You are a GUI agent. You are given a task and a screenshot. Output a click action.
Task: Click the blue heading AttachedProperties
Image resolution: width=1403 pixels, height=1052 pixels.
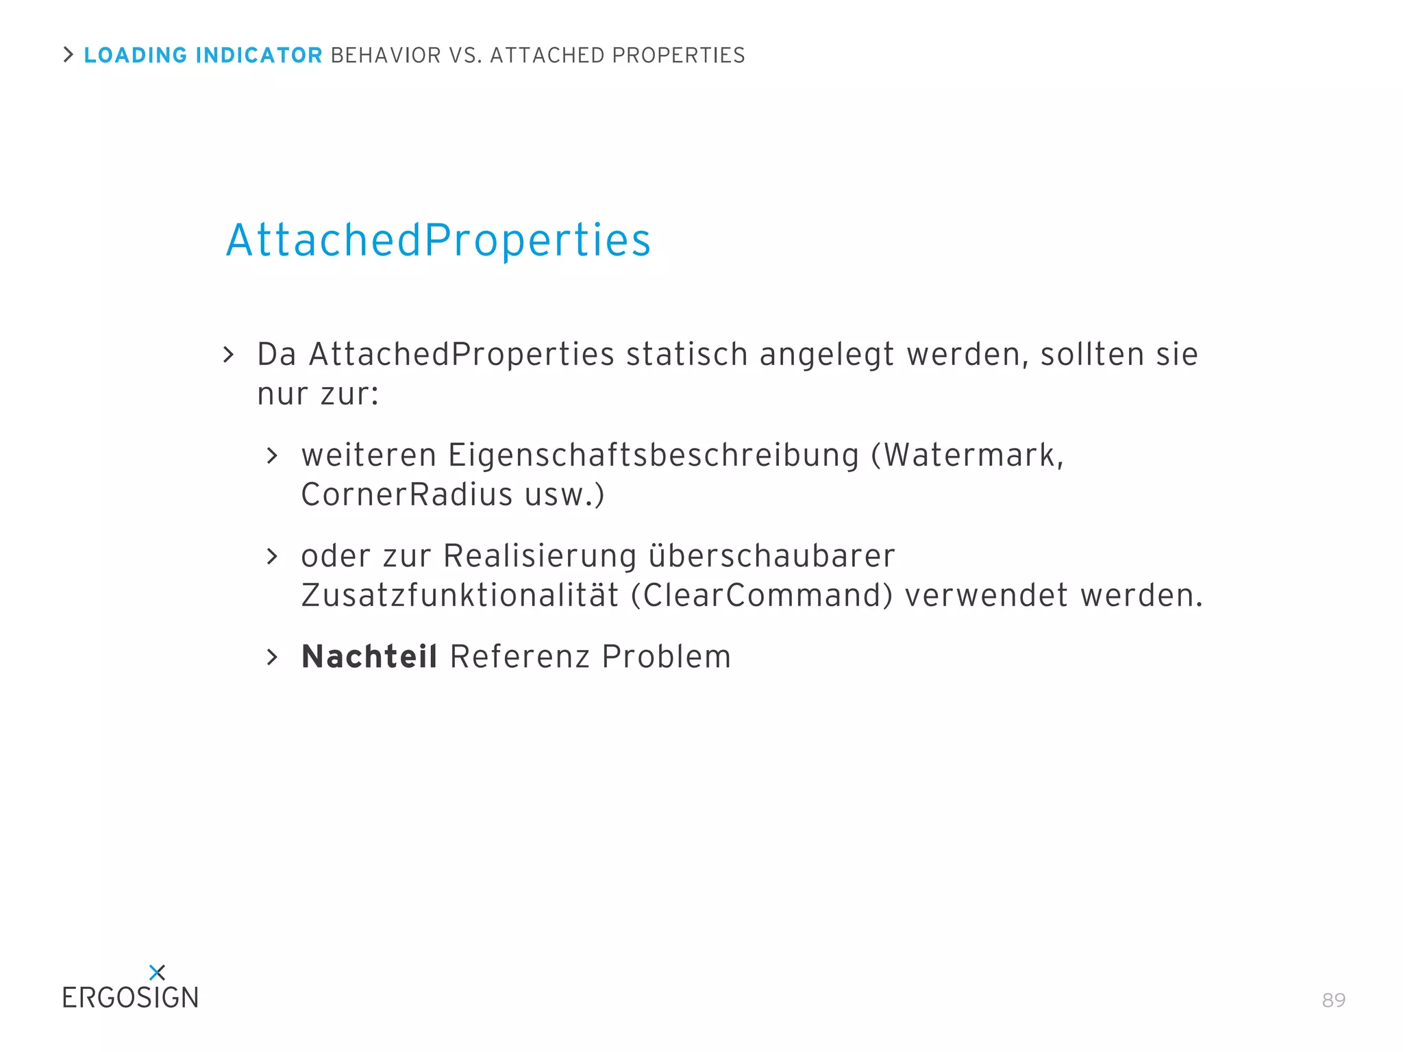tap(438, 240)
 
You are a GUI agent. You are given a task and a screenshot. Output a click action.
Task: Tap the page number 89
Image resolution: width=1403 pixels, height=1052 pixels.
tap(1333, 1000)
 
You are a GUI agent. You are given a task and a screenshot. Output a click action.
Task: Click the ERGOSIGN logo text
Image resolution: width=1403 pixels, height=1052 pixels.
tap(130, 998)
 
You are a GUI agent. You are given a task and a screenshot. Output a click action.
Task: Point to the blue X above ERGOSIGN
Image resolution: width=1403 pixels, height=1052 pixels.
tap(157, 972)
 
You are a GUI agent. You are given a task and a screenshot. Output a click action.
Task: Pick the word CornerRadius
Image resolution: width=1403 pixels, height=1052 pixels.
tap(407, 494)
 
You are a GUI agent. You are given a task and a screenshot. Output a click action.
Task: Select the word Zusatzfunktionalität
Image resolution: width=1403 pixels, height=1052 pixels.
tap(460, 595)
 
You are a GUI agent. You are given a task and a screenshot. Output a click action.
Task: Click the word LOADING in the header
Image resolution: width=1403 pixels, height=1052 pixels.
tap(136, 55)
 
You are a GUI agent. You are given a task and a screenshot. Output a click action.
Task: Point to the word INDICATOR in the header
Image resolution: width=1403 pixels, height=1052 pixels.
tap(259, 55)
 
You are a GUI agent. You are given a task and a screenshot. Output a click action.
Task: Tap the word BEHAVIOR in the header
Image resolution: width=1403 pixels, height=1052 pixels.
tap(386, 55)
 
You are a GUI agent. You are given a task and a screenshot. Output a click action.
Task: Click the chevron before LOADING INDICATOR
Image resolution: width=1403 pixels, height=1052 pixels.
tap(68, 54)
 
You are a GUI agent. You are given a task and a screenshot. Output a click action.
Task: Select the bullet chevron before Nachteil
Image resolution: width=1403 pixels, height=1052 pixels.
tap(272, 657)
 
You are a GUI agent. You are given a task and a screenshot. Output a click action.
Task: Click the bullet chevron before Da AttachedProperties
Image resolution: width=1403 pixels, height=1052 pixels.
tap(229, 354)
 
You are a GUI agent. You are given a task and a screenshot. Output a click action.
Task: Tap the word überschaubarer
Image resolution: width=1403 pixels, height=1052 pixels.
tap(771, 555)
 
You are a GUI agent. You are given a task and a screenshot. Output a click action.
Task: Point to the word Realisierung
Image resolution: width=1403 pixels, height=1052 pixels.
tap(540, 555)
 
